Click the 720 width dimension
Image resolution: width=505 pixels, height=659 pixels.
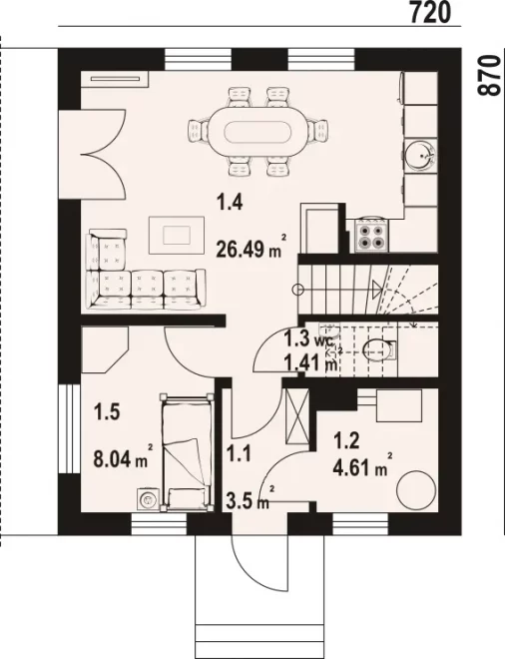click(430, 12)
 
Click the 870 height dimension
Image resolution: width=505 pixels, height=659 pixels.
click(489, 75)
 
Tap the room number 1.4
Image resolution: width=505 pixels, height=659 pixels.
click(230, 203)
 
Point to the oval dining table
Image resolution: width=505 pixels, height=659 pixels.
click(257, 133)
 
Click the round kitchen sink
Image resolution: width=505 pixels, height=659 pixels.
click(420, 156)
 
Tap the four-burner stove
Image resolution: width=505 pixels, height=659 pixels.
click(370, 236)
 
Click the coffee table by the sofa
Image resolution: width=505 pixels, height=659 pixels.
click(177, 235)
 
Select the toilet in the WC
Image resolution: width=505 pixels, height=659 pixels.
click(379, 349)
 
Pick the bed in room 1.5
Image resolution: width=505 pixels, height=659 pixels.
click(187, 452)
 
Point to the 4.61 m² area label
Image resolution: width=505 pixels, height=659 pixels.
click(362, 465)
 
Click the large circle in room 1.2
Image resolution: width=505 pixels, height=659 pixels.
click(416, 490)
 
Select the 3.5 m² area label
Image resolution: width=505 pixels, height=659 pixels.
click(251, 499)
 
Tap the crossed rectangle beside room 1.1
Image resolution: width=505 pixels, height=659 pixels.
click(297, 416)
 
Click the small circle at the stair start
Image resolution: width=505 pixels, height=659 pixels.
click(298, 290)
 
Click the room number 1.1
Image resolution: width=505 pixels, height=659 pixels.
click(239, 454)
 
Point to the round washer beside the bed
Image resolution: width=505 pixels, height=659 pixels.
click(147, 499)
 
